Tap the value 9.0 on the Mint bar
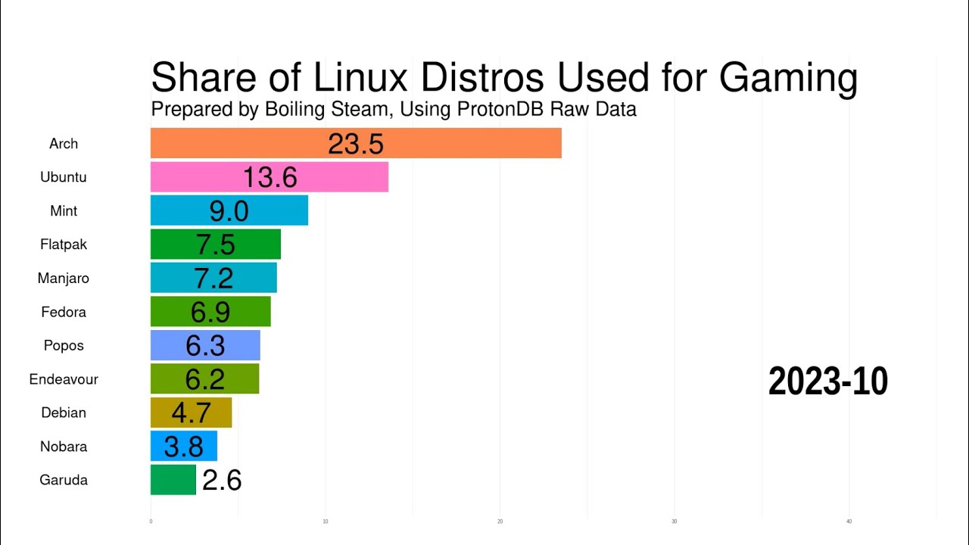point(229,210)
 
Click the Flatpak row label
point(64,244)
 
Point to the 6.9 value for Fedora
point(210,312)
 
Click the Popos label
point(64,345)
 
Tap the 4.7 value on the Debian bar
point(191,413)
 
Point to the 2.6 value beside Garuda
point(222,480)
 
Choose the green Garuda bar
point(173,480)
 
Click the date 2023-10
point(827,381)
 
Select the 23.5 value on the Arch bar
point(356,143)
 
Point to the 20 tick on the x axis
point(500,522)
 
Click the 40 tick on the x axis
point(849,522)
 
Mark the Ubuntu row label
point(64,177)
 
